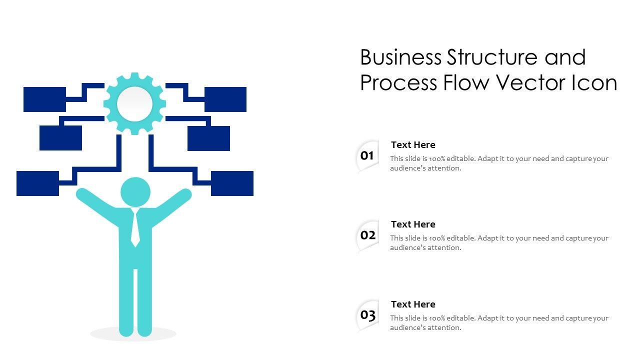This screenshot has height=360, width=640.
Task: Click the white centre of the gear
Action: click(134, 104)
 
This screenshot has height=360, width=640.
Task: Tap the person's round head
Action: click(135, 192)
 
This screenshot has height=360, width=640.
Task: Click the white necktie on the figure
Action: click(135, 228)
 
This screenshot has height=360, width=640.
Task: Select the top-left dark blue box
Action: click(44, 99)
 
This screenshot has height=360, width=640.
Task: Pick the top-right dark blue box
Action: click(225, 99)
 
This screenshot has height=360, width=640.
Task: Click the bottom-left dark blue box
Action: click(37, 183)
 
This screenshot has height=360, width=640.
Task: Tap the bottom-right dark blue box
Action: click(232, 183)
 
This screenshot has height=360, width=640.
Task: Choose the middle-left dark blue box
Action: click(60, 138)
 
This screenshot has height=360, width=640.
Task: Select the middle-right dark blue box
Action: click(208, 138)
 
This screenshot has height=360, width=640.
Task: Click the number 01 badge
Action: click(367, 156)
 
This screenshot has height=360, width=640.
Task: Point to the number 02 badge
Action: click(367, 235)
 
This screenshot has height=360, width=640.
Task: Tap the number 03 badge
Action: click(367, 315)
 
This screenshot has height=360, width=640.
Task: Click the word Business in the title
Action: click(401, 57)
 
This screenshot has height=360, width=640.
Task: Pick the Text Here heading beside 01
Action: click(413, 145)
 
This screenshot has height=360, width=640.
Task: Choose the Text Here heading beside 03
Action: click(413, 304)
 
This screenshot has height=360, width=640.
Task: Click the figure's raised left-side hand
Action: click(83, 194)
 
